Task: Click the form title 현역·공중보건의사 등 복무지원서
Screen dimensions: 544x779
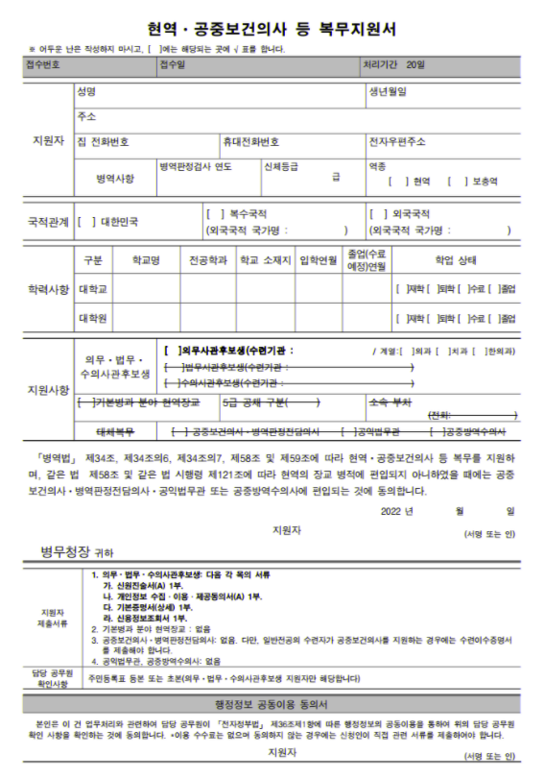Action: tap(272, 30)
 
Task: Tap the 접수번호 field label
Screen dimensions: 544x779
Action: tap(44, 65)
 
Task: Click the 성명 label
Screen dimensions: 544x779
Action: tap(87, 92)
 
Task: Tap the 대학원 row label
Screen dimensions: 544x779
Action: tap(93, 317)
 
